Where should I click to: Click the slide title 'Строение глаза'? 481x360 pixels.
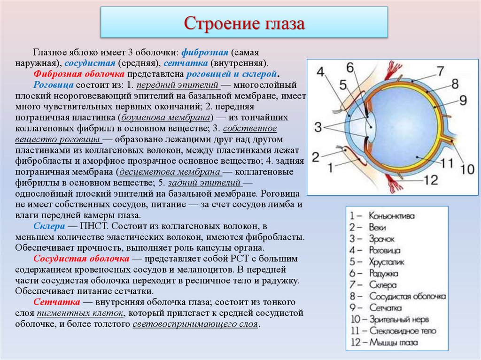(x=244, y=23)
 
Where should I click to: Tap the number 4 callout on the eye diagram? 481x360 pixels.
(x=320, y=72)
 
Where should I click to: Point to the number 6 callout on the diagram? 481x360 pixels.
(x=351, y=67)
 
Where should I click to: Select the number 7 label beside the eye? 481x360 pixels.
(x=439, y=71)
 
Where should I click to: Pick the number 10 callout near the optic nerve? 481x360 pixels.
(x=467, y=168)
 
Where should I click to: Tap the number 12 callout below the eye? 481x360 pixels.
(x=430, y=180)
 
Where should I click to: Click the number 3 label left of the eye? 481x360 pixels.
(x=318, y=127)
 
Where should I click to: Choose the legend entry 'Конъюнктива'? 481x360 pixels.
(x=391, y=216)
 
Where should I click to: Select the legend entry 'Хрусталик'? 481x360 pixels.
(x=387, y=262)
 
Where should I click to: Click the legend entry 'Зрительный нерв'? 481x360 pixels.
(x=399, y=320)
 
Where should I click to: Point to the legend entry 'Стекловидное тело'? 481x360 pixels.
(x=403, y=331)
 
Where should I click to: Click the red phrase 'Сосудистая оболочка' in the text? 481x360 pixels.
(x=81, y=259)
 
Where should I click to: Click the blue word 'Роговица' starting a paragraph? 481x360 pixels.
(x=54, y=85)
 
